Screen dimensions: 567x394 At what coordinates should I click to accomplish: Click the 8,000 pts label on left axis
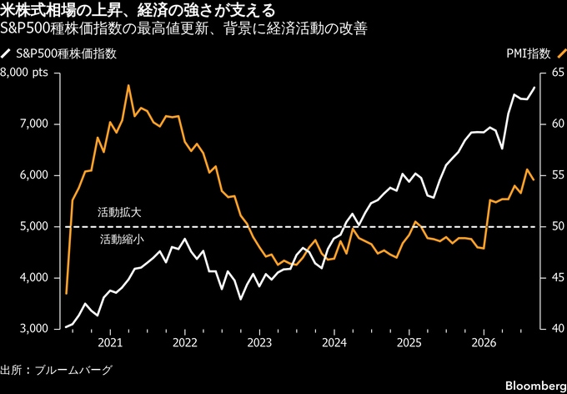click(x=24, y=73)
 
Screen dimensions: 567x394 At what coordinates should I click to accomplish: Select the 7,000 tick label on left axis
click(x=35, y=124)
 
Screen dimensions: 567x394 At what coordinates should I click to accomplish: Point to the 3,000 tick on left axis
click(x=35, y=329)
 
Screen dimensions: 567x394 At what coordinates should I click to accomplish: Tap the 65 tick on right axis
click(x=554, y=73)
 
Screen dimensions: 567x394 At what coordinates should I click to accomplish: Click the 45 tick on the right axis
click(x=554, y=278)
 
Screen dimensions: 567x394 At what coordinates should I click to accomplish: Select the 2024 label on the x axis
click(x=334, y=343)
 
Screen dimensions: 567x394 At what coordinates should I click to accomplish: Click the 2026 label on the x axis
click(x=484, y=343)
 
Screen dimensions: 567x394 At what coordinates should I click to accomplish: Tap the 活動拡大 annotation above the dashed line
click(x=119, y=213)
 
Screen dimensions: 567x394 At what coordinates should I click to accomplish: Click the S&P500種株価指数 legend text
click(x=67, y=54)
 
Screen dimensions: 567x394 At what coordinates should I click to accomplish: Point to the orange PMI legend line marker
click(x=559, y=53)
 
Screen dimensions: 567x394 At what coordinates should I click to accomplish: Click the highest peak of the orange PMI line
click(x=128, y=85)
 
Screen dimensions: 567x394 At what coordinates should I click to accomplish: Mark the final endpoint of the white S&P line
click(x=534, y=88)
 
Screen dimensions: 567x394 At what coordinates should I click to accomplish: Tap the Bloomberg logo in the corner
click(x=540, y=385)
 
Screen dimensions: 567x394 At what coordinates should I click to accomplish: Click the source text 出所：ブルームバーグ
click(x=56, y=370)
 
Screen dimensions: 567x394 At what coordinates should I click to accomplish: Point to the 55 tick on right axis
click(x=554, y=175)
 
